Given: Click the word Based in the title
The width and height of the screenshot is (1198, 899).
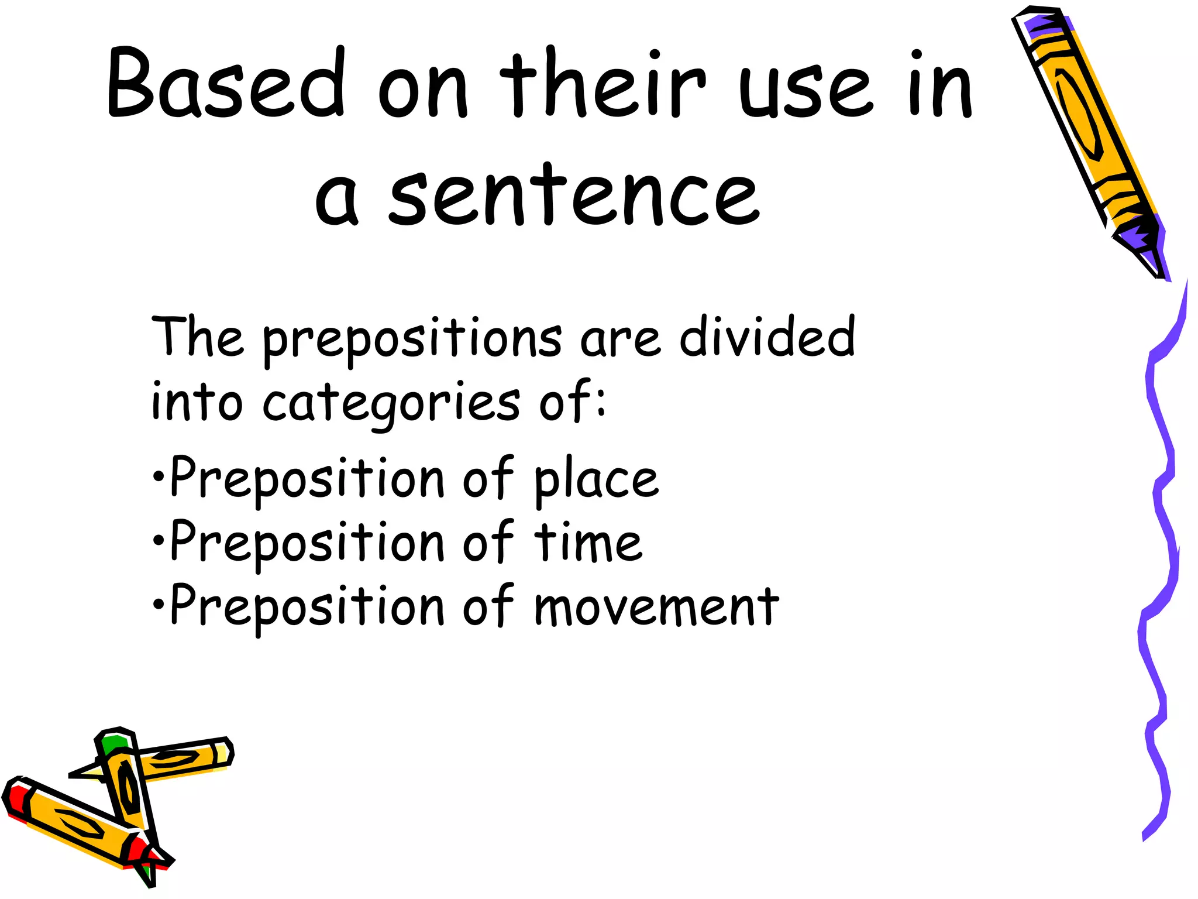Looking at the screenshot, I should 226,82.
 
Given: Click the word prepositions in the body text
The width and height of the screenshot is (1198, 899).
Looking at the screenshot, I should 412,339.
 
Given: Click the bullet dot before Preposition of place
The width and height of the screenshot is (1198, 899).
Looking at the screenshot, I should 157,476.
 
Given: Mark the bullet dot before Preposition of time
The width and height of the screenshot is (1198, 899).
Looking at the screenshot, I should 157,540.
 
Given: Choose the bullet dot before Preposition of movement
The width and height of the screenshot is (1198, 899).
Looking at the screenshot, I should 157,603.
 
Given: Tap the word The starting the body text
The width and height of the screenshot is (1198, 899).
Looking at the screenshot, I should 197,337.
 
